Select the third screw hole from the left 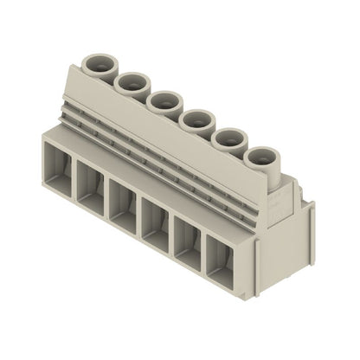pos(162,100)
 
